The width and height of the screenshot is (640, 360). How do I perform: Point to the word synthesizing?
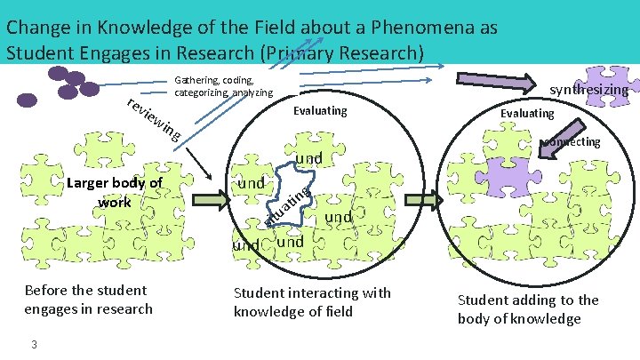(589, 90)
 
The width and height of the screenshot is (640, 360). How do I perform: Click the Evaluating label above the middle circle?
(320, 112)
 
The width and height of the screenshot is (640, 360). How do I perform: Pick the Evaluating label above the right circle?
(527, 113)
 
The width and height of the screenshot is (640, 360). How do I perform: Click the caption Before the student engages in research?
(89, 300)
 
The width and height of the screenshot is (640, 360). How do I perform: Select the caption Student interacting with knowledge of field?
(311, 302)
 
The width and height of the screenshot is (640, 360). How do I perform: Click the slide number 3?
(32, 345)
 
